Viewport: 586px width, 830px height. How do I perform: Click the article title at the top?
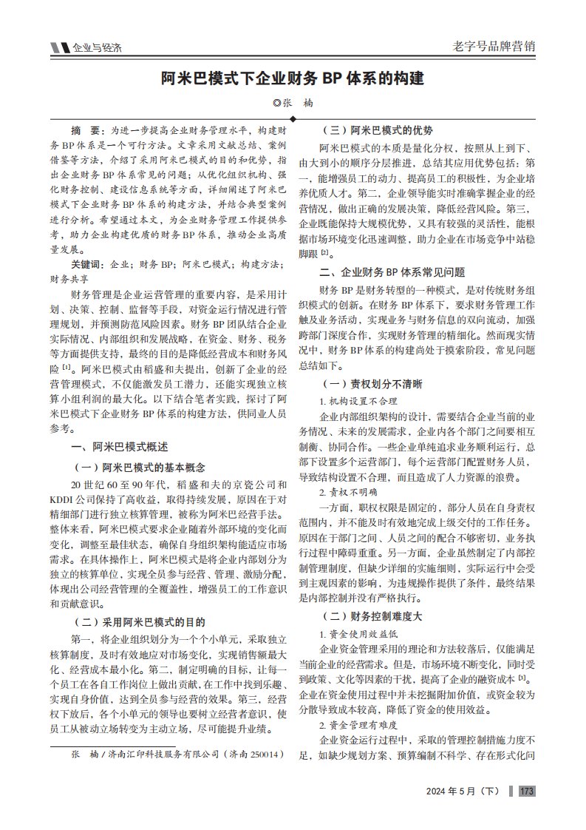point(293,78)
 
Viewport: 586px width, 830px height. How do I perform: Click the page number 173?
point(527,792)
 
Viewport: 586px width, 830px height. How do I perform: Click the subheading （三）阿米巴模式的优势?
point(375,129)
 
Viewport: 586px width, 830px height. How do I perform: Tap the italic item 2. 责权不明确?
point(347,491)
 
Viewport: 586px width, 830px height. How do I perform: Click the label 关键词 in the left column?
point(87,264)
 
